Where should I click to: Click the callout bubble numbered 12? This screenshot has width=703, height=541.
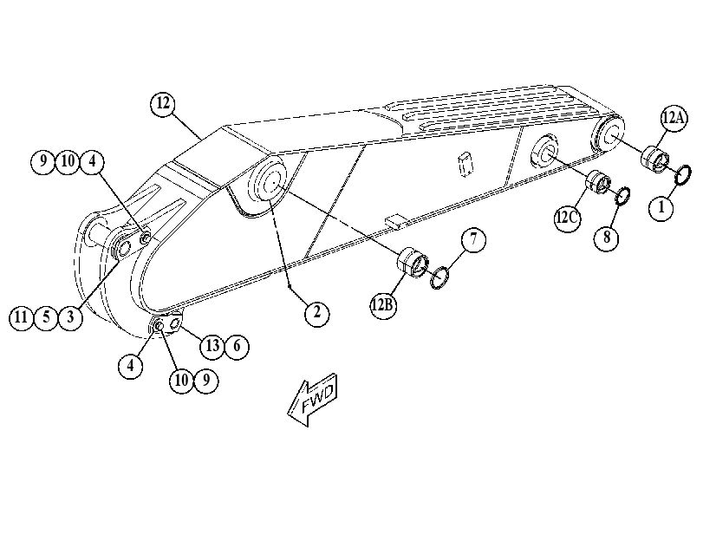(x=163, y=104)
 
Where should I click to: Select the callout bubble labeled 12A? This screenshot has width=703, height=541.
(x=674, y=119)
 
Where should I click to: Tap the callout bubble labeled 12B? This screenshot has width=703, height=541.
(x=383, y=306)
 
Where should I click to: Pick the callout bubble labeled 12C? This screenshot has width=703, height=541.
(x=567, y=218)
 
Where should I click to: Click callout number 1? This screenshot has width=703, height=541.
(x=661, y=208)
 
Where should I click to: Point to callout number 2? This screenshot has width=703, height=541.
(x=317, y=313)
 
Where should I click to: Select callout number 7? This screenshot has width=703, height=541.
(x=473, y=239)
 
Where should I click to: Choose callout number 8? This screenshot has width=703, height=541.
(x=607, y=238)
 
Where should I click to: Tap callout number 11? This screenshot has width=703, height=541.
(x=22, y=317)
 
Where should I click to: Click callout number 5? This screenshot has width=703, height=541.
(x=46, y=317)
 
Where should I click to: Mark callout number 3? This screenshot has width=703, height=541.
(x=70, y=317)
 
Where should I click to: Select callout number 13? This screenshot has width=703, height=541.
(x=212, y=346)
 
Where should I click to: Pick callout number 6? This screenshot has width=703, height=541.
(x=237, y=346)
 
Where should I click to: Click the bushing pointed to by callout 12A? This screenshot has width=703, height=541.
(x=654, y=159)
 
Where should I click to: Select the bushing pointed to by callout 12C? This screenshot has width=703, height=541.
(x=598, y=182)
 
